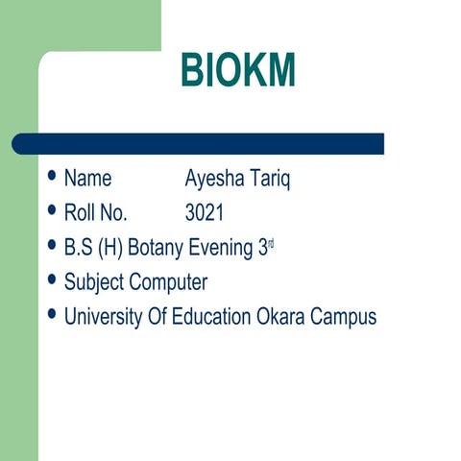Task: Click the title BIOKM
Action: click(237, 72)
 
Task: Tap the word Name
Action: click(87, 179)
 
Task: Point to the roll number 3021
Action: click(205, 213)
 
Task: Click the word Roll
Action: click(80, 213)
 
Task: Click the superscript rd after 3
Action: click(271, 244)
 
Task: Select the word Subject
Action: click(94, 282)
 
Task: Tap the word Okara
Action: click(280, 317)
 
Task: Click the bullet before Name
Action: click(52, 178)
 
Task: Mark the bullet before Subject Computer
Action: click(52, 281)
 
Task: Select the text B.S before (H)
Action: click(79, 248)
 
